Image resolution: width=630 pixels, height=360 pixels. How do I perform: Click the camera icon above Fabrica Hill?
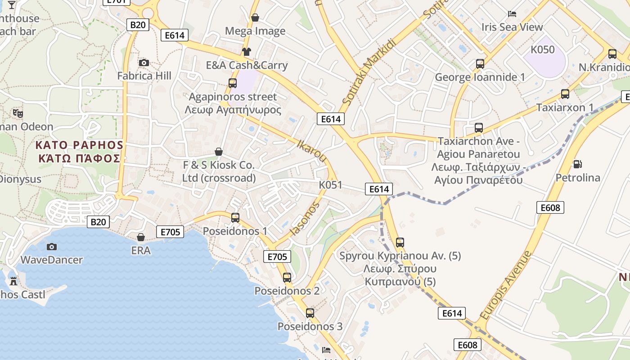pyautogui.click(x=144, y=63)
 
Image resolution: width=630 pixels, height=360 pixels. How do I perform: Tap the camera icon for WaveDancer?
pyautogui.click(x=52, y=247)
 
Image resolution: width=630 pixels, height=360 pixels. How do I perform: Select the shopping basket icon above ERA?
pyautogui.click(x=141, y=237)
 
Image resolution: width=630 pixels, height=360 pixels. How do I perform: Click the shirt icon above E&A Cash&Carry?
pyautogui.click(x=246, y=52)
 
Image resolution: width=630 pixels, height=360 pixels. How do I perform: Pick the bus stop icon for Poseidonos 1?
pyautogui.click(x=235, y=218)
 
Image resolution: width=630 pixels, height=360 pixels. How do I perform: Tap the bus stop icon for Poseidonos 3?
pyautogui.click(x=310, y=313)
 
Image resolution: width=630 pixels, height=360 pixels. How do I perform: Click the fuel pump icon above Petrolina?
pyautogui.click(x=577, y=164)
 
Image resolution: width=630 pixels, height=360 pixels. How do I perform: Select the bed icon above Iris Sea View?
pyautogui.click(x=512, y=13)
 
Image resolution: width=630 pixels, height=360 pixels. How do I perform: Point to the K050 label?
pyautogui.click(x=543, y=49)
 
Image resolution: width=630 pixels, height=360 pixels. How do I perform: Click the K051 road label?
pyautogui.click(x=330, y=185)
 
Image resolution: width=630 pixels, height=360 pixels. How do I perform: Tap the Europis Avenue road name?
pyautogui.click(x=505, y=285)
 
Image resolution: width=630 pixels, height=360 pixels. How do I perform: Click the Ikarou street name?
pyautogui.click(x=312, y=151)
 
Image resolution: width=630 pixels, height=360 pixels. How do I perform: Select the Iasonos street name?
pyautogui.click(x=305, y=219)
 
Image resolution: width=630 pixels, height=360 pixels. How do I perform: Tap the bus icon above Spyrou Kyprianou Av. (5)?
pyautogui.click(x=400, y=243)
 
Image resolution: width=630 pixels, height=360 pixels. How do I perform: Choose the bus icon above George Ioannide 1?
pyautogui.click(x=480, y=64)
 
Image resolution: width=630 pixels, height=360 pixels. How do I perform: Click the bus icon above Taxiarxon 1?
pyautogui.click(x=565, y=94)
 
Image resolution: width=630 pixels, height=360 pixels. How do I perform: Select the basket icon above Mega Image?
pyautogui.click(x=255, y=18)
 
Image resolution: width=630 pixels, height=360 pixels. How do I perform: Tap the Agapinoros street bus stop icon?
pyautogui.click(x=233, y=83)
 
